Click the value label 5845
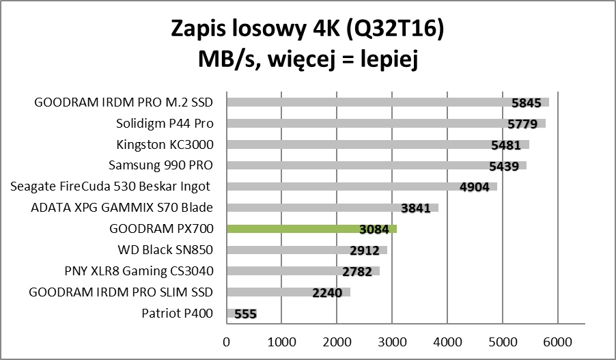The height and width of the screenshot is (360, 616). pyautogui.click(x=526, y=103)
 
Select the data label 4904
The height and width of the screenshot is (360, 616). pyautogui.click(x=475, y=187)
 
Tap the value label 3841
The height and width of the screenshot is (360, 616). pyautogui.click(x=416, y=208)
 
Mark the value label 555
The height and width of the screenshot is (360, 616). pyautogui.click(x=246, y=314)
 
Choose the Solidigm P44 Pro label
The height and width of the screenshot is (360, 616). pyautogui.click(x=165, y=124)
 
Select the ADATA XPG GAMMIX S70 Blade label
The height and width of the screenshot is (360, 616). pyautogui.click(x=122, y=208)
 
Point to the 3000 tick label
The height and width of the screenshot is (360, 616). pyautogui.click(x=392, y=340)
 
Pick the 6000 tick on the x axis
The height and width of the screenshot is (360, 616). pyautogui.click(x=558, y=340)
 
